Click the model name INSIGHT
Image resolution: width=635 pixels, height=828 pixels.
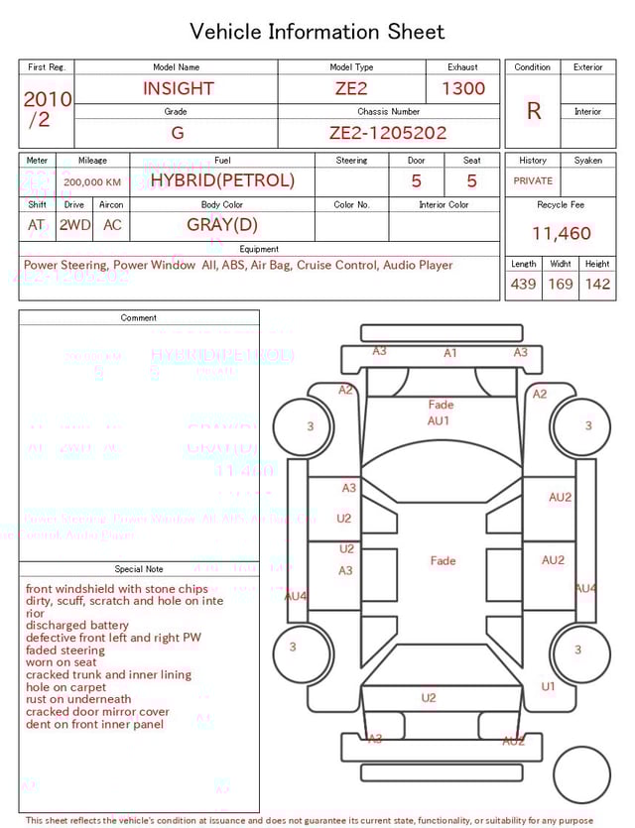pos(179,88)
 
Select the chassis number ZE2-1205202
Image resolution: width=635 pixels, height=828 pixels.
pos(388,133)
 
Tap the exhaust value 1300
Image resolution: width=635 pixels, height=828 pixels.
pos(463,88)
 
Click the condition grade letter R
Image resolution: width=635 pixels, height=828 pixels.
pos(534,111)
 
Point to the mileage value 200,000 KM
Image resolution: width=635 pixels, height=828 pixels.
pos(92,182)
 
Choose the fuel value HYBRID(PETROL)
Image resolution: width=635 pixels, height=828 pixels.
pos(222,180)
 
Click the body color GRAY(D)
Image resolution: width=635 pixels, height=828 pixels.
pos(222,224)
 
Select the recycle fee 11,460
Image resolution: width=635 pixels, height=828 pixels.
pos(562,234)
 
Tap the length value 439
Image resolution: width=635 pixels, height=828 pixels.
pos(523,285)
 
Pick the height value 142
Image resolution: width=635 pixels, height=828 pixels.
pos(597,285)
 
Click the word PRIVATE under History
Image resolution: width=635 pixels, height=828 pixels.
pos(533,181)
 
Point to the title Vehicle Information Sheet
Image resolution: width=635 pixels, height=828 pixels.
pos(317,32)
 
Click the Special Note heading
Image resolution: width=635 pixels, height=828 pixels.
pos(139,569)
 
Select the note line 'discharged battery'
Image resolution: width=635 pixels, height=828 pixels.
pos(77,626)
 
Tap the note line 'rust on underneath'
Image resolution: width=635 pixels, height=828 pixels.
pos(78,699)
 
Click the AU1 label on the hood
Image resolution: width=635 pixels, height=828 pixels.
pos(440,420)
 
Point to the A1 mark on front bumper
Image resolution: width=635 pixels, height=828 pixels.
pos(450,353)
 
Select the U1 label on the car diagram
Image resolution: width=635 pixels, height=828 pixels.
pos(548,686)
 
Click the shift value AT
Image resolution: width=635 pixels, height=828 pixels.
pos(37,225)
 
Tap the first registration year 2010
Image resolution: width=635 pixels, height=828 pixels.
pos(47,99)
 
